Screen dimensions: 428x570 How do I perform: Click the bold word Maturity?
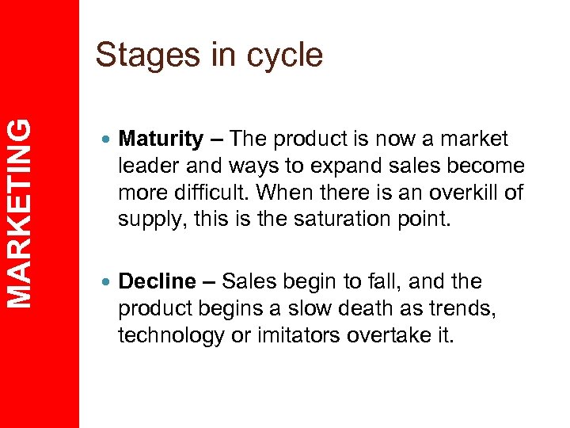point(161,139)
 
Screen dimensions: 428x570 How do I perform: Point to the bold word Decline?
point(157,281)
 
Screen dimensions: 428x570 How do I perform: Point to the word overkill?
point(460,192)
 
